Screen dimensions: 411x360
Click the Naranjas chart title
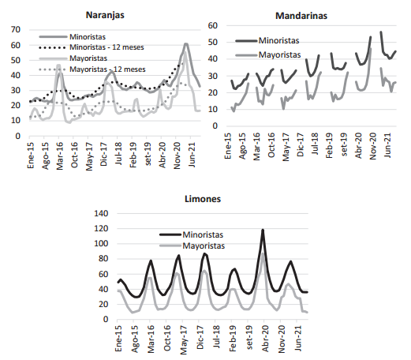point(105,15)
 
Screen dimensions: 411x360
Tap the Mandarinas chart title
point(301,16)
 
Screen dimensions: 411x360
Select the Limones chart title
point(203,199)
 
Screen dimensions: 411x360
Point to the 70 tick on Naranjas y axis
point(16,29)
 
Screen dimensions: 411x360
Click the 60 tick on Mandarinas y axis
point(213,25)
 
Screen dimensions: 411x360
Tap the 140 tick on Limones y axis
point(101,213)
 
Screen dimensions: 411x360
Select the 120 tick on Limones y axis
point(101,228)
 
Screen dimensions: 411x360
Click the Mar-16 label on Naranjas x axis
point(60,156)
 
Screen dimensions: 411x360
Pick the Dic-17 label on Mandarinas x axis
point(300,144)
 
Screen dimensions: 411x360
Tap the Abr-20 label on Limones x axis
point(265,339)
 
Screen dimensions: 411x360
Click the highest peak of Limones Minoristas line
point(263,230)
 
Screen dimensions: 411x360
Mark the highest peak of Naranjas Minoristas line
point(186,43)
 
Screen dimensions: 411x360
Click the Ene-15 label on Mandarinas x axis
point(228,146)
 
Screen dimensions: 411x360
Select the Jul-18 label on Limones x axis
point(216,336)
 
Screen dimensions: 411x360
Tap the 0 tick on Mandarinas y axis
point(215,126)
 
